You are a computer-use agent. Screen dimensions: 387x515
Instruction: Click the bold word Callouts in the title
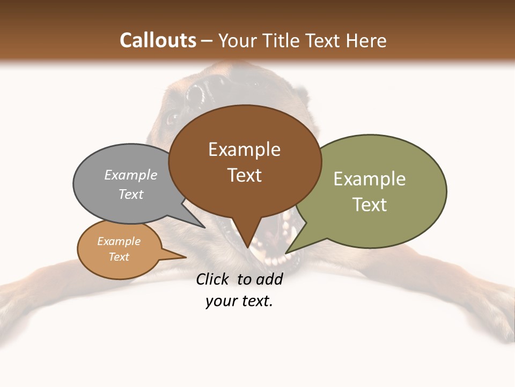pos(158,40)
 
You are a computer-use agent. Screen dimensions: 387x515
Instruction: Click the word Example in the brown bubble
pos(244,149)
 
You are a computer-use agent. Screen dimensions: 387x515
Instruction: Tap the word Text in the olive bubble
pos(370,205)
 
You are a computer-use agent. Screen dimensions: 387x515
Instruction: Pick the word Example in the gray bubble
pos(130,175)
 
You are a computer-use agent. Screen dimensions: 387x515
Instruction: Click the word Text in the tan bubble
pos(119,257)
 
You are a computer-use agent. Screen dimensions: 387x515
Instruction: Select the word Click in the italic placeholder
pos(212,279)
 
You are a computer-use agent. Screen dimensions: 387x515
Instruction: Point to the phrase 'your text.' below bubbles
pos(239,302)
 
